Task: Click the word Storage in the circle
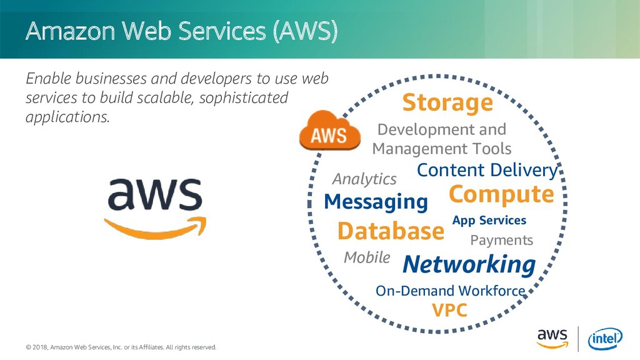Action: click(x=447, y=103)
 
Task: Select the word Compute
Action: click(x=501, y=194)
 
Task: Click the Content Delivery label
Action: click(x=486, y=170)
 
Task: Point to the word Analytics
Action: click(x=364, y=179)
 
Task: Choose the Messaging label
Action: click(x=376, y=202)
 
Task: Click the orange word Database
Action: click(x=390, y=231)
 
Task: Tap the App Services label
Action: click(x=489, y=220)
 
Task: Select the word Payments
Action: click(x=501, y=240)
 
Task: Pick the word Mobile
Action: click(x=367, y=257)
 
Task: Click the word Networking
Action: click(x=469, y=264)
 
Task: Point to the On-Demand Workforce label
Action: click(x=450, y=291)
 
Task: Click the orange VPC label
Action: click(x=449, y=310)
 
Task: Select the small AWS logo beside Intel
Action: click(x=552, y=337)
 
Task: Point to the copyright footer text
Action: click(x=121, y=347)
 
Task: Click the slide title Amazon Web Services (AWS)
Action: click(x=181, y=32)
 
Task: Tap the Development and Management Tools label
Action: click(x=441, y=139)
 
